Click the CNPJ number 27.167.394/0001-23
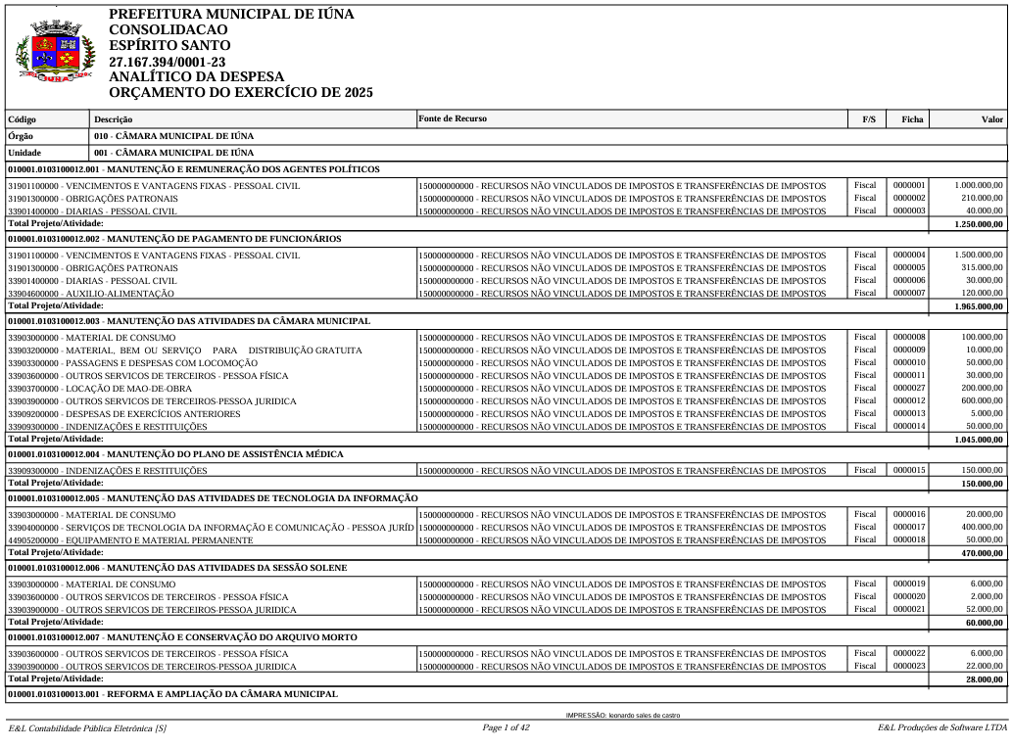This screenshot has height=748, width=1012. tap(167, 62)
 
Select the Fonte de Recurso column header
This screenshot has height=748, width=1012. tap(453, 118)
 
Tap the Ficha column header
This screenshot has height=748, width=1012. tap(912, 119)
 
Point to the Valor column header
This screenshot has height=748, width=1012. tap(992, 119)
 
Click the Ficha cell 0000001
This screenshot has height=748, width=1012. tap(909, 185)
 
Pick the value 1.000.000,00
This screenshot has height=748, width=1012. tap(979, 185)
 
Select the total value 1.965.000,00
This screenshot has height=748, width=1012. tap(979, 306)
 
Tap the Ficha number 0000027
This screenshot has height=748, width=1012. tap(909, 388)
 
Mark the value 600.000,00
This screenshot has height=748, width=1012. tap(982, 400)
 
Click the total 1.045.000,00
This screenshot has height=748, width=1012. tap(979, 440)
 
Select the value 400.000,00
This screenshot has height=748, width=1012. tap(982, 528)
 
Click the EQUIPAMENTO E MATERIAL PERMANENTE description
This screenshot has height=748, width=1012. tap(130, 540)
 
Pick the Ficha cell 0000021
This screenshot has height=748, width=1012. tap(909, 609)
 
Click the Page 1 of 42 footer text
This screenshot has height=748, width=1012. tap(506, 727)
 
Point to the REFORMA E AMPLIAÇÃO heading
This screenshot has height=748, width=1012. tap(172, 694)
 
